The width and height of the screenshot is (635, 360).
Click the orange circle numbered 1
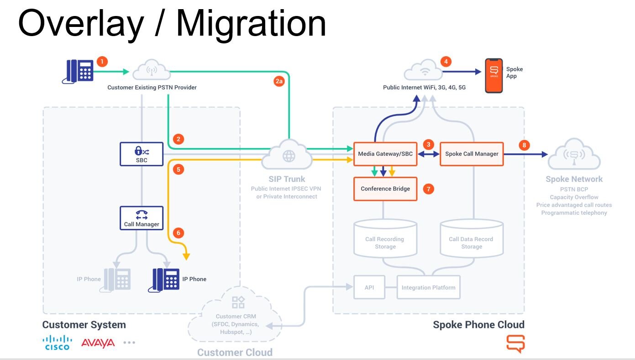(x=102, y=62)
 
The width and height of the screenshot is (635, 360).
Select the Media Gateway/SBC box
(x=385, y=154)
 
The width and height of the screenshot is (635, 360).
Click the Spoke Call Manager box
(x=472, y=154)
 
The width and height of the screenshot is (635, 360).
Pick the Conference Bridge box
(x=385, y=189)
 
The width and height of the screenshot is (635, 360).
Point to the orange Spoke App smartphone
(x=493, y=75)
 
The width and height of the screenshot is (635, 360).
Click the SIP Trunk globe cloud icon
(x=289, y=156)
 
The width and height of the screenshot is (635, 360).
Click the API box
(x=369, y=287)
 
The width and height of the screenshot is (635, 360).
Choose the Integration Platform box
(x=428, y=287)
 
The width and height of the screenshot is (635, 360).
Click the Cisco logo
(x=57, y=343)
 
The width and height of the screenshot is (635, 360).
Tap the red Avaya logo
(x=98, y=343)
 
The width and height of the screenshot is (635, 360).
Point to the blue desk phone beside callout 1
(x=78, y=71)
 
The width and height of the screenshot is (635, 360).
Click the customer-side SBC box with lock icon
(x=142, y=154)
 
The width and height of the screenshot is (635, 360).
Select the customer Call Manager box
(x=142, y=218)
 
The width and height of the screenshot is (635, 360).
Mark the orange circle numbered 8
(x=524, y=145)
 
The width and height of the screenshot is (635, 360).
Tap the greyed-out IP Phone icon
(x=117, y=279)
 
